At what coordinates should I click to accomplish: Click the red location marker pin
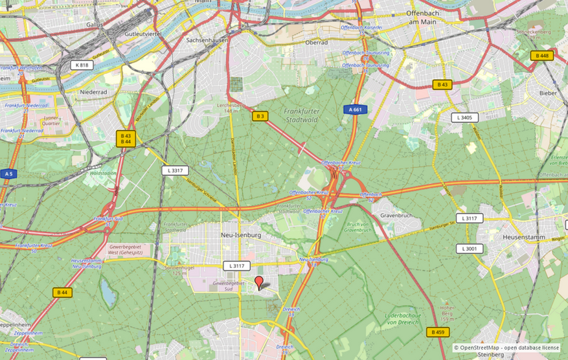tap(259, 282)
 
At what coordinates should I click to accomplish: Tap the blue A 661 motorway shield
tap(356, 110)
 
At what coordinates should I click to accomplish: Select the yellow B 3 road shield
tap(260, 116)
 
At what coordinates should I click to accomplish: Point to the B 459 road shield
tap(438, 332)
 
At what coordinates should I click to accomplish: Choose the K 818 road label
tap(82, 65)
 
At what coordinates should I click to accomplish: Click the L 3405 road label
tap(464, 117)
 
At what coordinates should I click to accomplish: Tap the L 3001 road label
tap(470, 249)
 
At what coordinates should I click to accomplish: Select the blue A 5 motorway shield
tap(8, 174)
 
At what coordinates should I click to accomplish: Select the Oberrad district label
tap(317, 42)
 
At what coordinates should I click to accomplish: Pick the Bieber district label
tap(547, 93)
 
